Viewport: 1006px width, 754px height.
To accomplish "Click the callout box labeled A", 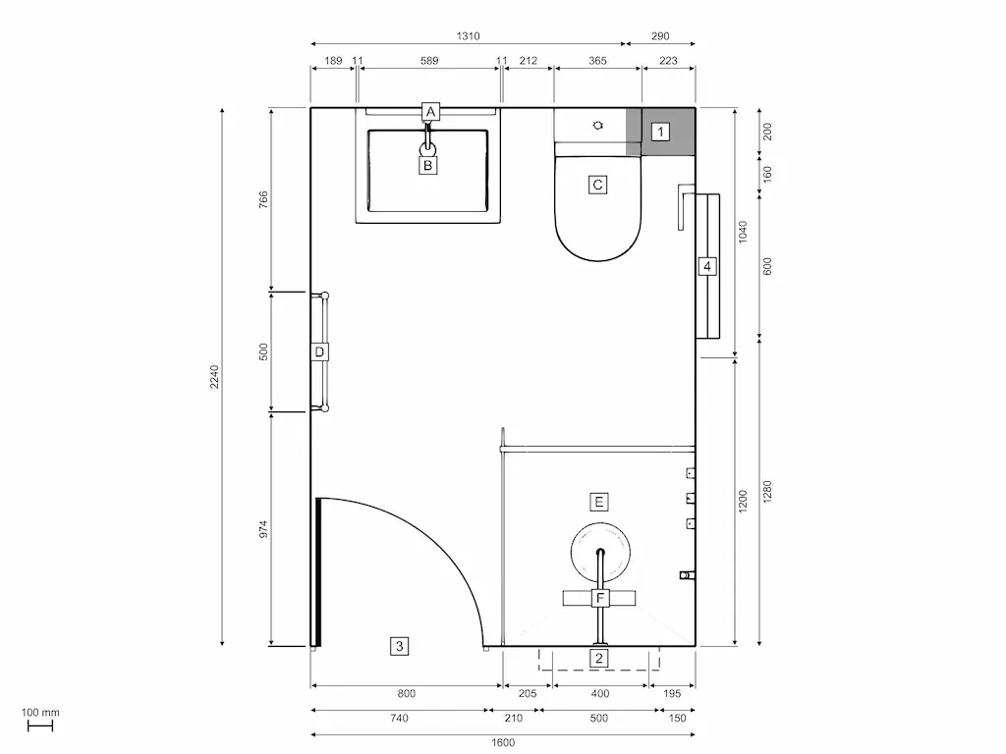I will (429, 112).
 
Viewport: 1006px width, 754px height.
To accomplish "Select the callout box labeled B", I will (427, 166).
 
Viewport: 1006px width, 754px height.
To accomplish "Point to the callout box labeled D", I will (319, 351).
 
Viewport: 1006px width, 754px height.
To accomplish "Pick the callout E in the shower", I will (598, 502).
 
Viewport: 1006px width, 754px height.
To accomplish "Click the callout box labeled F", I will (600, 598).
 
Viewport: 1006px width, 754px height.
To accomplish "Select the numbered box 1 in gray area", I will (661, 132).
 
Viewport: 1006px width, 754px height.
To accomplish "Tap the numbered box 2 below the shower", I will (599, 658).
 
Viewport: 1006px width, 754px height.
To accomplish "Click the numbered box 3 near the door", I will (398, 646).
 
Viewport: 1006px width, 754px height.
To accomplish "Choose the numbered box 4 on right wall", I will (706, 266).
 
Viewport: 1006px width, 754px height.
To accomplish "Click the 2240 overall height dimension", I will (215, 378).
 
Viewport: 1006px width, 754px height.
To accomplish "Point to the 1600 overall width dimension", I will (502, 742).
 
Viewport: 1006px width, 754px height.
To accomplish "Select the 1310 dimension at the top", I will (468, 36).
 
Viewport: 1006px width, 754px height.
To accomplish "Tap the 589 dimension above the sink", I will (429, 61).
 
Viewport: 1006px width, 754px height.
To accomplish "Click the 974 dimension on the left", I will (263, 528).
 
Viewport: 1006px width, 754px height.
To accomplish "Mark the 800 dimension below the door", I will (407, 693).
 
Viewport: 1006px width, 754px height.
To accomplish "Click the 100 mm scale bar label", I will (40, 713).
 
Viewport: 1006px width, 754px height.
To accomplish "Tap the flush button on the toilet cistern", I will (599, 126).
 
